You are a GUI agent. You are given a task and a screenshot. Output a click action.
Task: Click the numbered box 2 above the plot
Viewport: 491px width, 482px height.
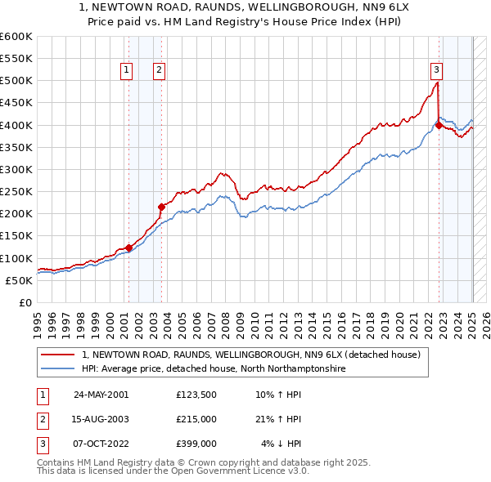[x=159, y=70]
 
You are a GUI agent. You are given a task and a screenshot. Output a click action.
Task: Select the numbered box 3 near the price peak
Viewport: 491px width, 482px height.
[x=437, y=70]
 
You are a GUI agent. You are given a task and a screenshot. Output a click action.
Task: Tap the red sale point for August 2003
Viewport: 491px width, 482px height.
[x=161, y=207]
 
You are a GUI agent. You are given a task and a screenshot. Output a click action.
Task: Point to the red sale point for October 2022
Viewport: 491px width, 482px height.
[x=439, y=125]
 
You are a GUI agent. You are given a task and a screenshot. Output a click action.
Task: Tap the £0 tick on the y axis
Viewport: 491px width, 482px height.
[x=26, y=302]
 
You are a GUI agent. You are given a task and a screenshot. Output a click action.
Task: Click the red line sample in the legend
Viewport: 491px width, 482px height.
[x=58, y=355]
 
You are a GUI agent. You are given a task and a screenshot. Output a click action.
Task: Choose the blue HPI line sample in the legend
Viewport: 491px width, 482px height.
[x=58, y=369]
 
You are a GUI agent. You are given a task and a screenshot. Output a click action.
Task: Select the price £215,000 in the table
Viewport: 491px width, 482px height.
[x=197, y=420]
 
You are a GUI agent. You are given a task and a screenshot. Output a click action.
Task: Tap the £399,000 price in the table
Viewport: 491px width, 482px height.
[x=197, y=444]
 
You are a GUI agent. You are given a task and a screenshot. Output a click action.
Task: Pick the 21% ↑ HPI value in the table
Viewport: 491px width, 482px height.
[x=279, y=420]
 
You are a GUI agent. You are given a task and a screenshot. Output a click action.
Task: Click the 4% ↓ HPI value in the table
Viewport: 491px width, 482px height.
[x=282, y=444]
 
